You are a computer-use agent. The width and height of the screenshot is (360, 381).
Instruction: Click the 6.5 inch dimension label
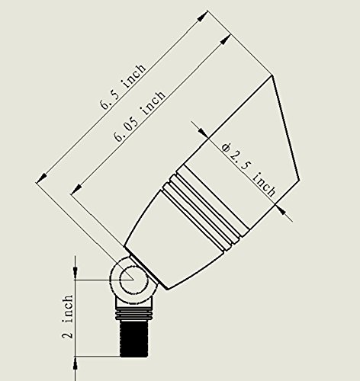124,86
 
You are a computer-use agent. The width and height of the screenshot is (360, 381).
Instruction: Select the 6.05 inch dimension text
140,116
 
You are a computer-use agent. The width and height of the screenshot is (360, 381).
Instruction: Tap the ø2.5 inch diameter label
249,170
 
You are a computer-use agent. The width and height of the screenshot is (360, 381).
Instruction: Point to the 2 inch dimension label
68,316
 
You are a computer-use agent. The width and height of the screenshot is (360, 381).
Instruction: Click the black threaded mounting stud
133,338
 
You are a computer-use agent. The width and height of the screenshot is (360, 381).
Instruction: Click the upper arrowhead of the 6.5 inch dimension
202,17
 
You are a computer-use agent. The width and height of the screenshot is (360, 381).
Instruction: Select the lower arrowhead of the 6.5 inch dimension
42,177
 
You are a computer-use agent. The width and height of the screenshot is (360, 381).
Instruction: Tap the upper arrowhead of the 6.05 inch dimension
224,40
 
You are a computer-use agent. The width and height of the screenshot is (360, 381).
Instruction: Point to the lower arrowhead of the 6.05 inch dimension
76,189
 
